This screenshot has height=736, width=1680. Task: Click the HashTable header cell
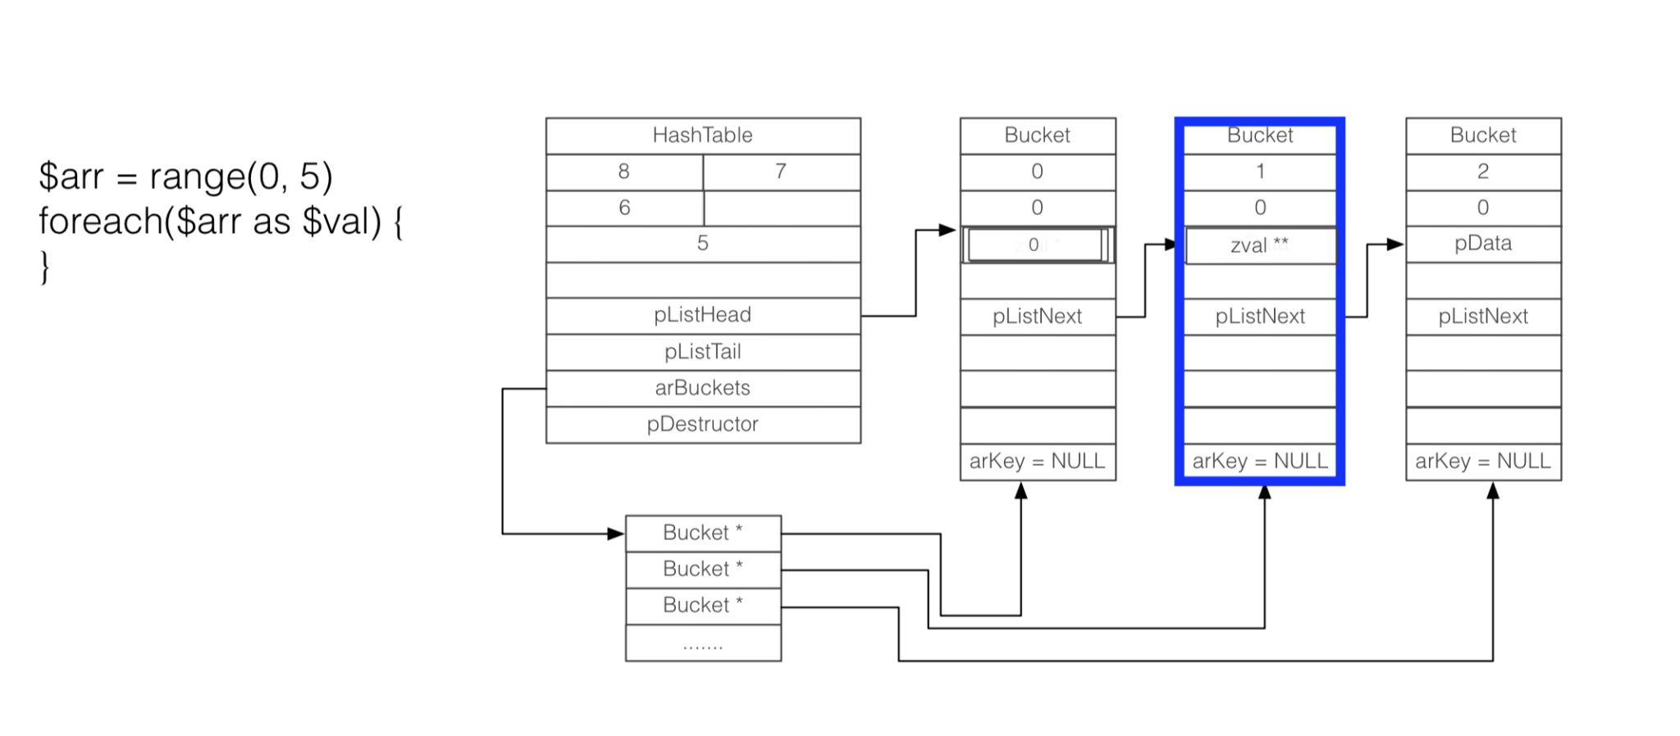pos(703,135)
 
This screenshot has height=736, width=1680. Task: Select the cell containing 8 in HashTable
pos(624,171)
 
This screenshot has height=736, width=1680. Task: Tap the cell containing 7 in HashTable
pos(781,171)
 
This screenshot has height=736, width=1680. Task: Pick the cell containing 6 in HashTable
pos(624,208)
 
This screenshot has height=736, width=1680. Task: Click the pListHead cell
pos(703,315)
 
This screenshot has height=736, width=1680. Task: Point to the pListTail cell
pos(703,352)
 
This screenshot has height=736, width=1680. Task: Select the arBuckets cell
pos(703,388)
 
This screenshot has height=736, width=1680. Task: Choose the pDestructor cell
pos(703,424)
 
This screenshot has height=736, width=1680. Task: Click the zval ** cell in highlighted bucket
pos(1260,245)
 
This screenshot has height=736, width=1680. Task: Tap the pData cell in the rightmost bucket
pos(1483,244)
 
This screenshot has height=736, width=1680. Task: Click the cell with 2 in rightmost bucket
pos(1483,171)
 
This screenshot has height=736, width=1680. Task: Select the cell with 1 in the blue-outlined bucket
pos(1260,171)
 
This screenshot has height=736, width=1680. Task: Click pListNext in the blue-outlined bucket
pos(1260,317)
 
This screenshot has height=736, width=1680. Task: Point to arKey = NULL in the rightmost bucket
pos(1483,461)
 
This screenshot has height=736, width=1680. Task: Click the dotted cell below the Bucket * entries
pos(703,643)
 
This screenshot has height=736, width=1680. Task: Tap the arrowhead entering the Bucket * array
pos(616,534)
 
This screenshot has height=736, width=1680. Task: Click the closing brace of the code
pos(45,267)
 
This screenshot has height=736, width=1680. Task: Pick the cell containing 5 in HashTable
pos(703,244)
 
